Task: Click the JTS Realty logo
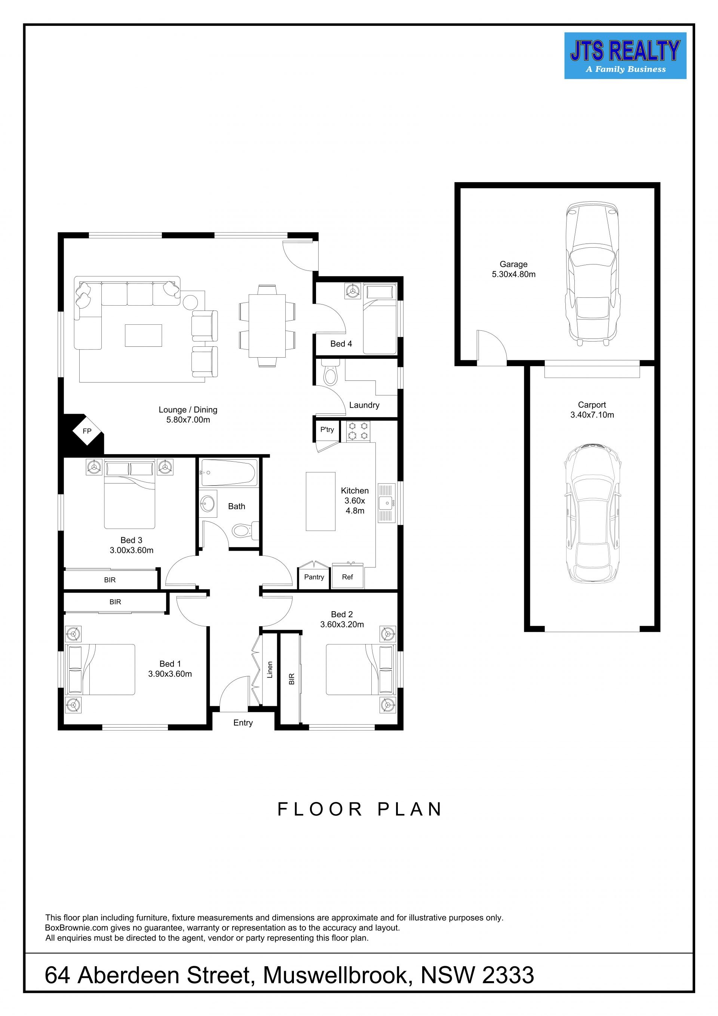625,56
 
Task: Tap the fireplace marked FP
87,430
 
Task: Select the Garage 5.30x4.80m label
513,269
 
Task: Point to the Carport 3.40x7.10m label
592,410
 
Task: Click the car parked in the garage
592,274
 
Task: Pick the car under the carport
592,513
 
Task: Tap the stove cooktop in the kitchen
358,431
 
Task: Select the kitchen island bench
320,501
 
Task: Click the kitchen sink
387,503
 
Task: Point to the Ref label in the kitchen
347,577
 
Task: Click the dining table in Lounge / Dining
267,326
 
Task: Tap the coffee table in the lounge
143,336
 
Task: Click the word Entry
243,723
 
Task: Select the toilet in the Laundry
329,374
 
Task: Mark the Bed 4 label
341,344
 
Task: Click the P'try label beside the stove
327,430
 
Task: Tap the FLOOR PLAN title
359,810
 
